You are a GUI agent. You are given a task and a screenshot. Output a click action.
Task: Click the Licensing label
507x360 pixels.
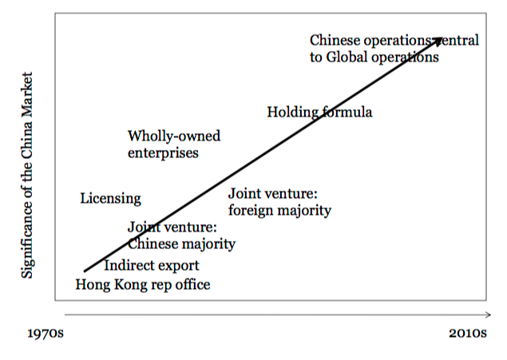tap(110, 198)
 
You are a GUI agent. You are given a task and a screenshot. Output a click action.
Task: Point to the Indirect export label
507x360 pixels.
tap(151, 265)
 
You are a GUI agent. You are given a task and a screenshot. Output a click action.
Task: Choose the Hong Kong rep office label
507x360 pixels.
tap(143, 284)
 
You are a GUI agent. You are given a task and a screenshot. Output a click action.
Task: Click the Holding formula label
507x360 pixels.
tap(319, 112)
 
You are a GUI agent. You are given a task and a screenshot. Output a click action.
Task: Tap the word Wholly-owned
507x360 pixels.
tap(174, 136)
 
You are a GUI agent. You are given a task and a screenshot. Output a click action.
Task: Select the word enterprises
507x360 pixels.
tap(163, 152)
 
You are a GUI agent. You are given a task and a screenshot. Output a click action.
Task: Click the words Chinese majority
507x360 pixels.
tap(181, 244)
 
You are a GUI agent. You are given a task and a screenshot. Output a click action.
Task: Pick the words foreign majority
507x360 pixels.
tap(279, 211)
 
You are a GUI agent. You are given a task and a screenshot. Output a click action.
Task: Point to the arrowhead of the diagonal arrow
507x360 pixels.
tap(438, 38)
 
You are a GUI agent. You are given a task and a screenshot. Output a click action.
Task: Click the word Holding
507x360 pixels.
tap(291, 112)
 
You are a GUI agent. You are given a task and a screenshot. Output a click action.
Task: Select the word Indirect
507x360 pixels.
tap(129, 265)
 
